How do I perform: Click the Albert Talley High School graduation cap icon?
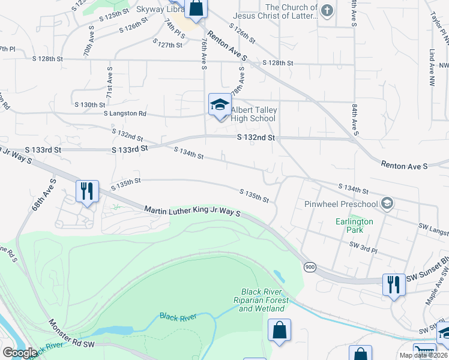pos(220,104)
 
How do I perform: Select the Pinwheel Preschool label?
pos(342,204)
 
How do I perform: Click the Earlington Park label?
pos(354,226)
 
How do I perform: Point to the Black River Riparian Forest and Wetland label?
pos(262,300)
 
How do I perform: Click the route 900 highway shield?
pos(310,266)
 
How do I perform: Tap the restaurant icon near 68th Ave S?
pos(88,191)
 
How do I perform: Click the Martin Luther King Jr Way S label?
pos(192,211)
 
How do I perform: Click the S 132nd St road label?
pos(255,138)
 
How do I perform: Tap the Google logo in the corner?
pos(20,353)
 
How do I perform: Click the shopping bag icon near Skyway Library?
pos(196,8)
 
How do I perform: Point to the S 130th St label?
pos(90,105)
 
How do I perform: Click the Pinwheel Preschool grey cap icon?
pos(387,203)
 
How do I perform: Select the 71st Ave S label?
pos(110,82)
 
